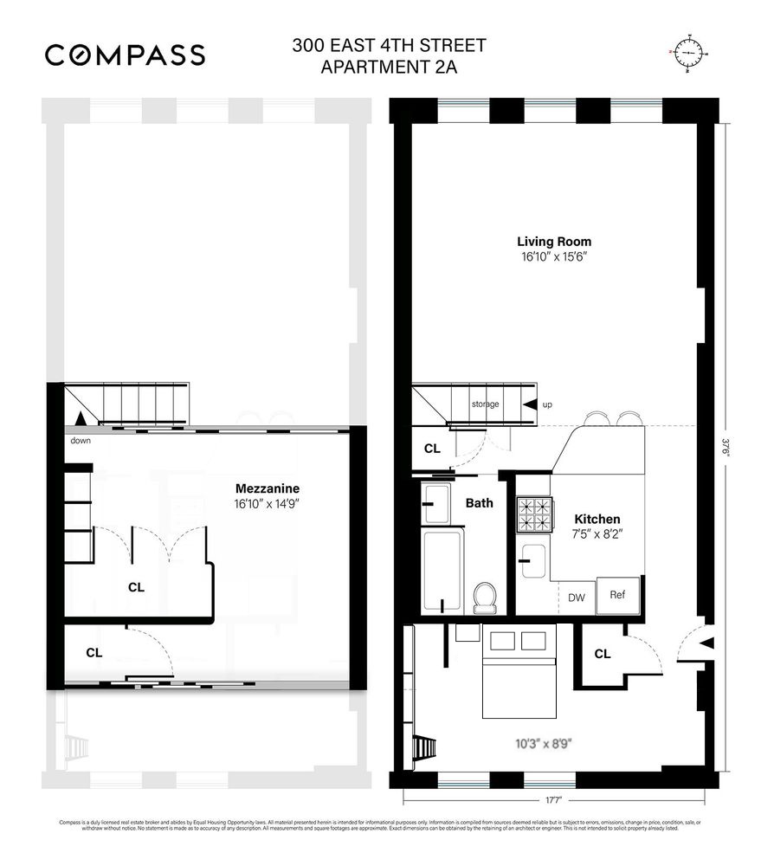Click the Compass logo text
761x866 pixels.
click(x=125, y=55)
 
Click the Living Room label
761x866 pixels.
click(x=554, y=242)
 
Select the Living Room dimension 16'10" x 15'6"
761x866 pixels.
click(x=554, y=257)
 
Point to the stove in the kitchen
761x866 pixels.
click(x=534, y=514)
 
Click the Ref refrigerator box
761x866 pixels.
click(x=618, y=595)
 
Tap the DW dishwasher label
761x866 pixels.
click(x=577, y=597)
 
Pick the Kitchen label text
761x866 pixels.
click(x=597, y=519)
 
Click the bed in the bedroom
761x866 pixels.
click(x=518, y=683)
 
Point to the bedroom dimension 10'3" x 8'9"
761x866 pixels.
click(x=544, y=743)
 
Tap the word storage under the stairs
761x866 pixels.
click(x=485, y=404)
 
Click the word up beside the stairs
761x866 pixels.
click(x=547, y=404)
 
